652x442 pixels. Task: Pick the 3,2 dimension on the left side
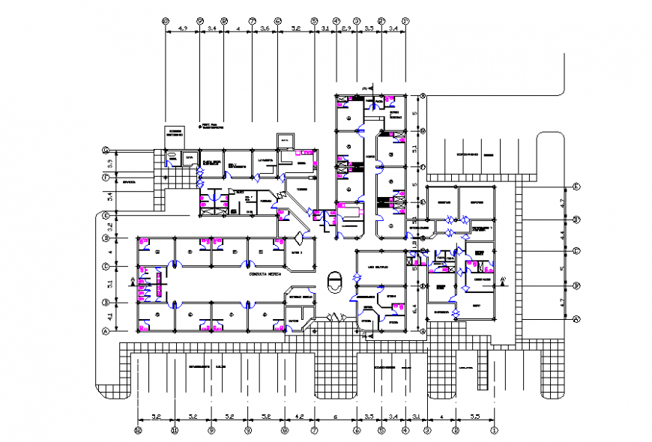(x=109, y=225)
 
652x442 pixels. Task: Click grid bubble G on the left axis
(x=106, y=151)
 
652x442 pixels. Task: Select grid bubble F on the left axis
(x=106, y=178)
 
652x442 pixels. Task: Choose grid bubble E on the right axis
(x=576, y=187)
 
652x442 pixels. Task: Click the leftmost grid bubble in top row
(x=166, y=21)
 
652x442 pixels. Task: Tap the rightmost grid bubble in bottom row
(x=495, y=431)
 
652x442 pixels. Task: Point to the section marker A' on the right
(x=503, y=282)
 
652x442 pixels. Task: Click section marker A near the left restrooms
(x=132, y=283)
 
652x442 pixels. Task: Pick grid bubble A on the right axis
(x=576, y=319)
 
